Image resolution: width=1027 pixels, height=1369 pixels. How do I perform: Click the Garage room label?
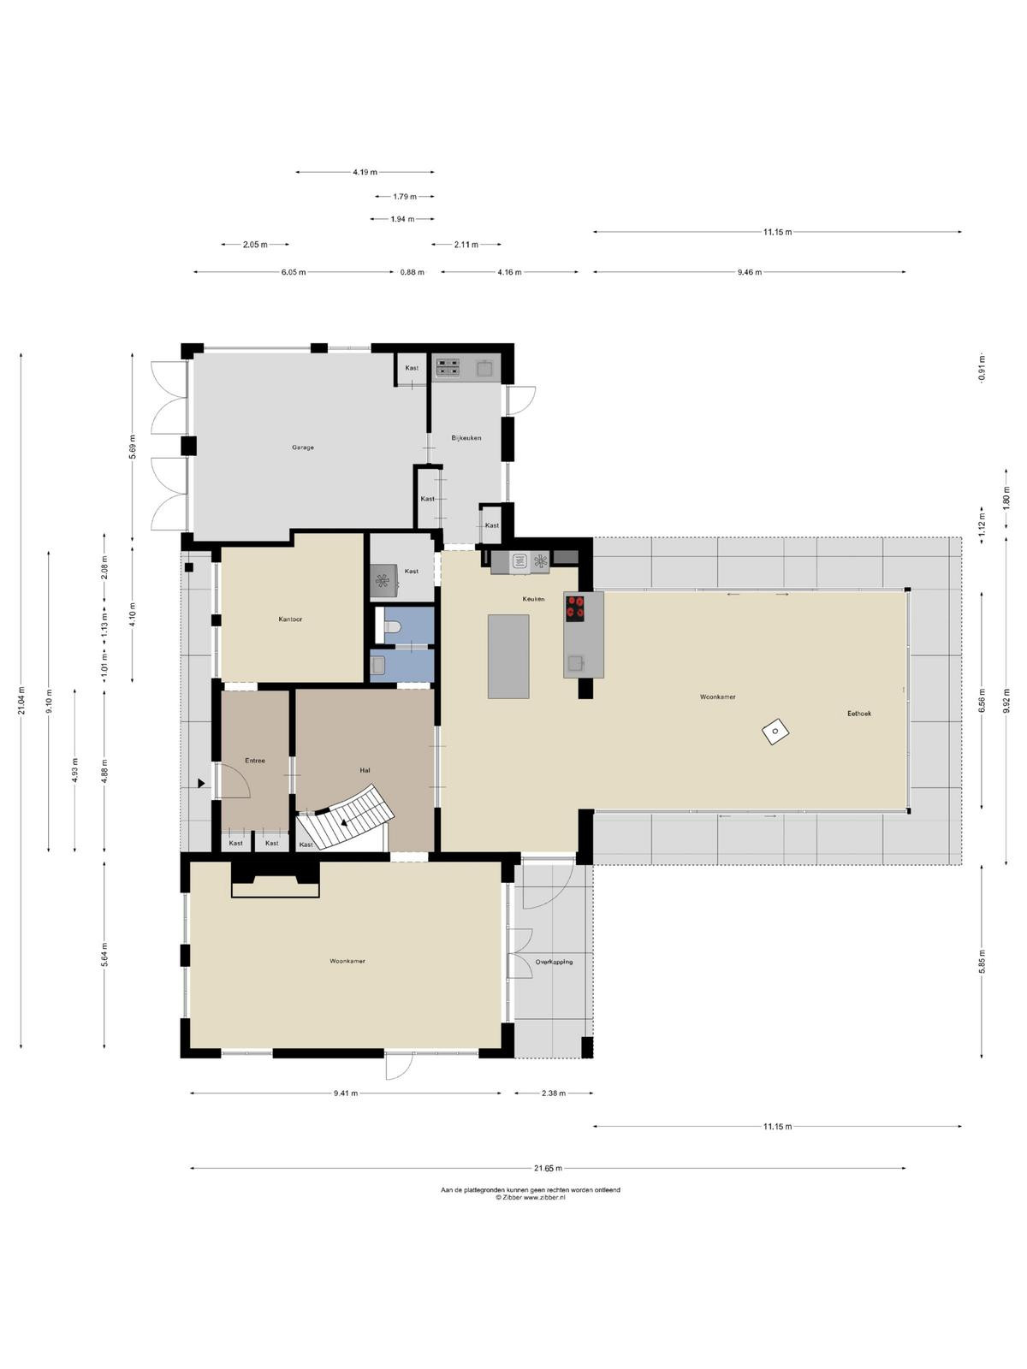point(303,447)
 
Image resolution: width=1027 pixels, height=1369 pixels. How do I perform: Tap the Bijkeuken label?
point(466,438)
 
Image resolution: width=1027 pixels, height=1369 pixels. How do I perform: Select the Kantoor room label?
point(291,619)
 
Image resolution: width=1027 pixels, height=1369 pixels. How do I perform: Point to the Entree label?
point(255,761)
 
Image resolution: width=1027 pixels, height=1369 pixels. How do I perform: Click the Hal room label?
point(365,770)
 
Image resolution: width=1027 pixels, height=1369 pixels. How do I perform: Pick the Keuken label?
point(534,599)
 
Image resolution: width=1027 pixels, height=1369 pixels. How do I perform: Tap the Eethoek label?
point(858,714)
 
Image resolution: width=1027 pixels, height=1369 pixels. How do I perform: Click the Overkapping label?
point(554,962)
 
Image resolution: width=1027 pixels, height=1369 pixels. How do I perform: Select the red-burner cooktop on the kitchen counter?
point(575,607)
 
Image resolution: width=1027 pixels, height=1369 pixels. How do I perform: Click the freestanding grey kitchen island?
point(508,656)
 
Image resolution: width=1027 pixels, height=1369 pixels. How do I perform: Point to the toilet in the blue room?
point(392,626)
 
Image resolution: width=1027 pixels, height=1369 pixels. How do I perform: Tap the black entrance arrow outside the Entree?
point(201,784)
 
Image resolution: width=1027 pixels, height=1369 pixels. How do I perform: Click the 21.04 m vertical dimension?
point(21,700)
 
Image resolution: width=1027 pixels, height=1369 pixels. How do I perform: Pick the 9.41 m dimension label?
point(346,1093)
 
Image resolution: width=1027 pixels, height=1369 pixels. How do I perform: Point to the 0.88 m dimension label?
point(413,272)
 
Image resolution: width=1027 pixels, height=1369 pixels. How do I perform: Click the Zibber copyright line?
point(530,1198)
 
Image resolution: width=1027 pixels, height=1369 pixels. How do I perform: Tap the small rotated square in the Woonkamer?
point(775,732)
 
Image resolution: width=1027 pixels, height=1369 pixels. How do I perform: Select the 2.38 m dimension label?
point(553,1093)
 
